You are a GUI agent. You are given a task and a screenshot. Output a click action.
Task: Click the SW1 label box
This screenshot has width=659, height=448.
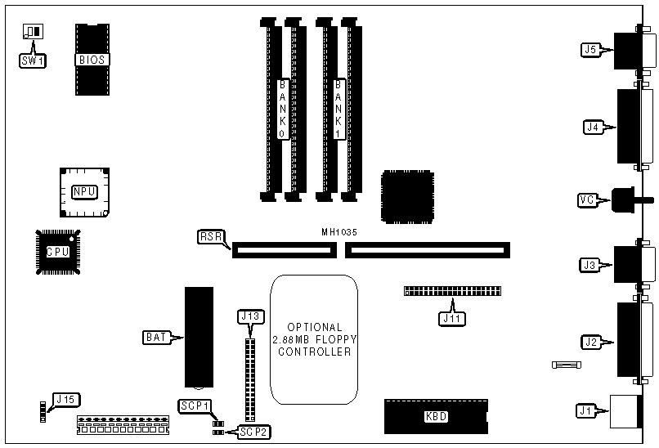[32, 59]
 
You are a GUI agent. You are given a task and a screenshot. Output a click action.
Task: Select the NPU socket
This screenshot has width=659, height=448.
[84, 192]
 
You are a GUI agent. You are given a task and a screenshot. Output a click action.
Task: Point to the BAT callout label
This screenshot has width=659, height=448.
[157, 336]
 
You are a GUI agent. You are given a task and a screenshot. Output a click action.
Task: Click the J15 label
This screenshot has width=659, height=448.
[64, 400]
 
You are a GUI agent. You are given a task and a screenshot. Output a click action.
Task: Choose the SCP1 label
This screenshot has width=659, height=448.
[195, 405]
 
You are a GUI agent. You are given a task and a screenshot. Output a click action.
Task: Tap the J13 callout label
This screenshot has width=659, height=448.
[250, 316]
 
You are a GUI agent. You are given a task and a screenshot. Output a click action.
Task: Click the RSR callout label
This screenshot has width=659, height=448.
[209, 237]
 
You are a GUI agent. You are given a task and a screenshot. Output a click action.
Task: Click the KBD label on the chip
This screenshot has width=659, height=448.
[436, 416]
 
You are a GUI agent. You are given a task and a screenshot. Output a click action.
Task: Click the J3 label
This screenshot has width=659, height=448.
[590, 264]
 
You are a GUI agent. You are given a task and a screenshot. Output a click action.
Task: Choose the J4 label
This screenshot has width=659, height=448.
[593, 127]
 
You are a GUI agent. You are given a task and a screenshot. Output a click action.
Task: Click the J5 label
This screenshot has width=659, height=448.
[591, 50]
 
